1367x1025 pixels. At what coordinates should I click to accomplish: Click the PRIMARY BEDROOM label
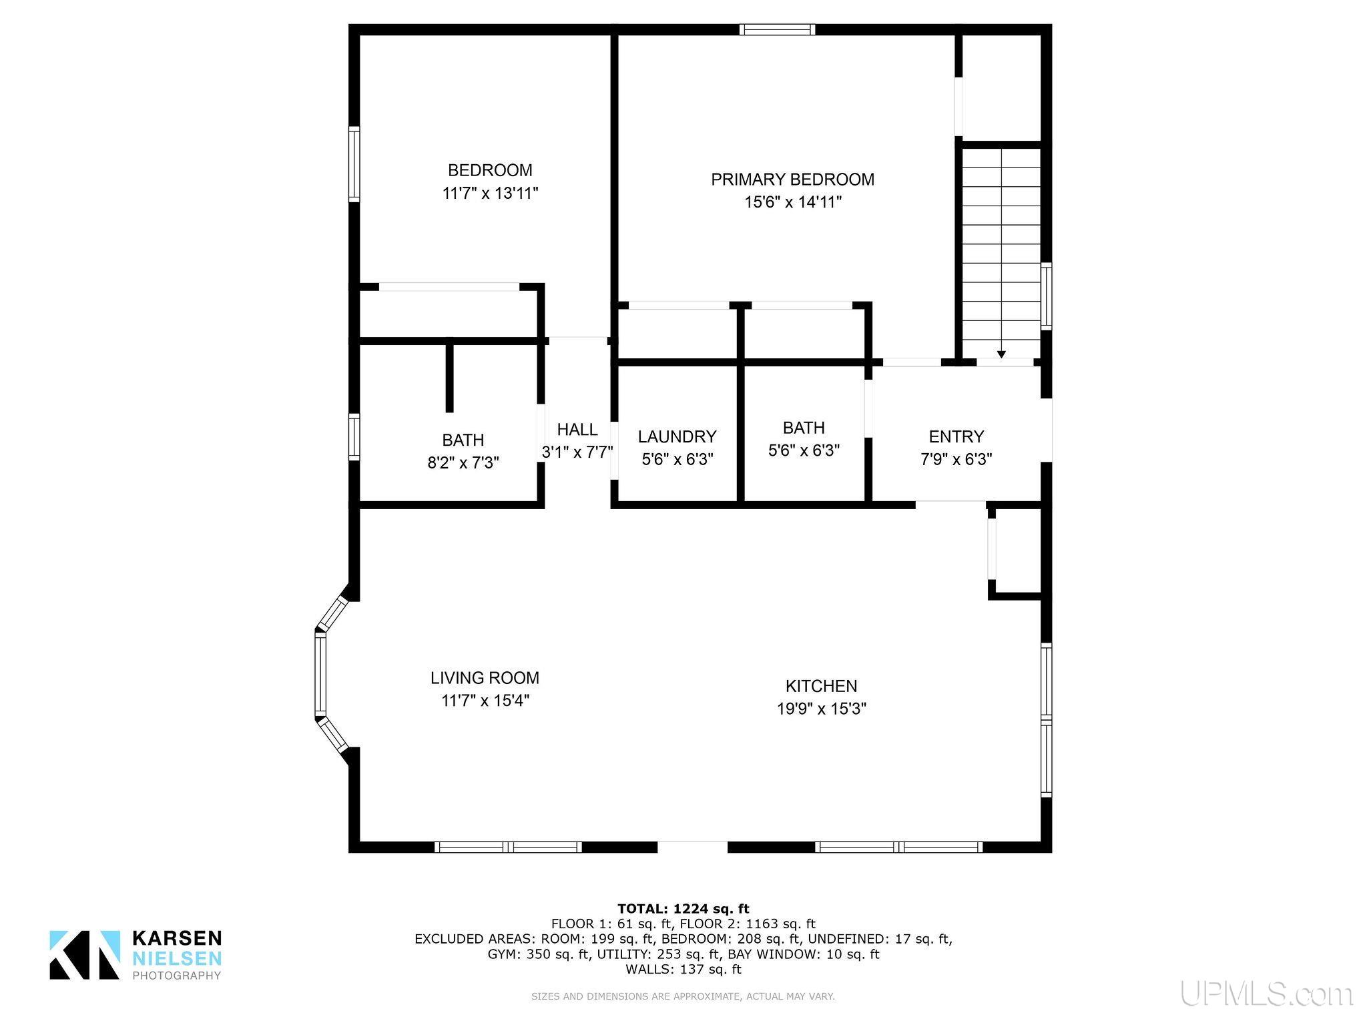[x=792, y=180]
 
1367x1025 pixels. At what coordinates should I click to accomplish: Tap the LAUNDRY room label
[x=677, y=436]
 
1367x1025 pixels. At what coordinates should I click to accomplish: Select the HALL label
[x=577, y=429]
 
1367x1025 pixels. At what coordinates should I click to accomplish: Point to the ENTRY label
[x=956, y=436]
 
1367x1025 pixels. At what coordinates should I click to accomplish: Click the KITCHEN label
[x=821, y=686]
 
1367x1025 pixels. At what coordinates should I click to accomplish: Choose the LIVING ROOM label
[x=485, y=678]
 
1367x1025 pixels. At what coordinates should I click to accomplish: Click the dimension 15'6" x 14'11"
[x=793, y=202]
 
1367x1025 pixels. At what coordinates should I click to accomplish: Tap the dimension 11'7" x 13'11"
[x=490, y=194]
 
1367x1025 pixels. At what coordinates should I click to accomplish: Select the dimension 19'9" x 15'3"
[x=821, y=709]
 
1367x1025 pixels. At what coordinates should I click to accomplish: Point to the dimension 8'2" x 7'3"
[x=463, y=462]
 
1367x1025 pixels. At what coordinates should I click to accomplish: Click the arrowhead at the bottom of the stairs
[x=1001, y=355]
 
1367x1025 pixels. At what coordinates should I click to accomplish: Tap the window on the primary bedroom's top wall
[x=777, y=29]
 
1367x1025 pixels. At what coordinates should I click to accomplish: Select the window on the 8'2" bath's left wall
[x=354, y=437]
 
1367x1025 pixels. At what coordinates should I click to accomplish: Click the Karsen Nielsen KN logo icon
[x=85, y=955]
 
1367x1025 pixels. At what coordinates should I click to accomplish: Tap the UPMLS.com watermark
[x=1267, y=994]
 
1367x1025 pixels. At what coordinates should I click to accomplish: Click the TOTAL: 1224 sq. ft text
[x=683, y=908]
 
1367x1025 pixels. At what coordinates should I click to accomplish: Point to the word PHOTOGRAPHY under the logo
[x=177, y=976]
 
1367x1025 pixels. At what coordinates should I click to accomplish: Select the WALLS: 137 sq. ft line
[x=683, y=969]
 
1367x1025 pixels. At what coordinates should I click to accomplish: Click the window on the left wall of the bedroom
[x=354, y=164]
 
